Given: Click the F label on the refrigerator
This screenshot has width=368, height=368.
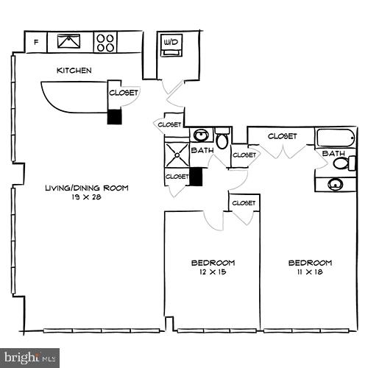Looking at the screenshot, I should [x=37, y=43].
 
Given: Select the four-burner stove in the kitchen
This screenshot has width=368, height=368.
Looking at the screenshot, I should [x=106, y=42].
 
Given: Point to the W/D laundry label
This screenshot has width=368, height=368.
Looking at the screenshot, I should [x=171, y=41].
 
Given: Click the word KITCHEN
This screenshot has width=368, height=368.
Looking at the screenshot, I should [x=74, y=71].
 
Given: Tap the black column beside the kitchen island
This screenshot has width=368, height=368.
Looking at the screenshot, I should [x=114, y=117].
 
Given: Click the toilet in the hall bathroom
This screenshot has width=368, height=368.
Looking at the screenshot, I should [x=222, y=138].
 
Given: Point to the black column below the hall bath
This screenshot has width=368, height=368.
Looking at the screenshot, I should [x=196, y=177].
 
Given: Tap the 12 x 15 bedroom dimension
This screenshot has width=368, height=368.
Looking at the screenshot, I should [x=213, y=272].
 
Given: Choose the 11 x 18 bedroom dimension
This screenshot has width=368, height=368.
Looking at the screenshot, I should [x=309, y=272].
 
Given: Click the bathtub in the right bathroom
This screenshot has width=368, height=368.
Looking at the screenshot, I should [x=336, y=138].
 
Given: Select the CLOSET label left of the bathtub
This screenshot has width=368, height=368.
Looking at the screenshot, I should [x=282, y=136].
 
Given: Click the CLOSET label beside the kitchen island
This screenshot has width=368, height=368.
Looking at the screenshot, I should [x=122, y=93].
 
